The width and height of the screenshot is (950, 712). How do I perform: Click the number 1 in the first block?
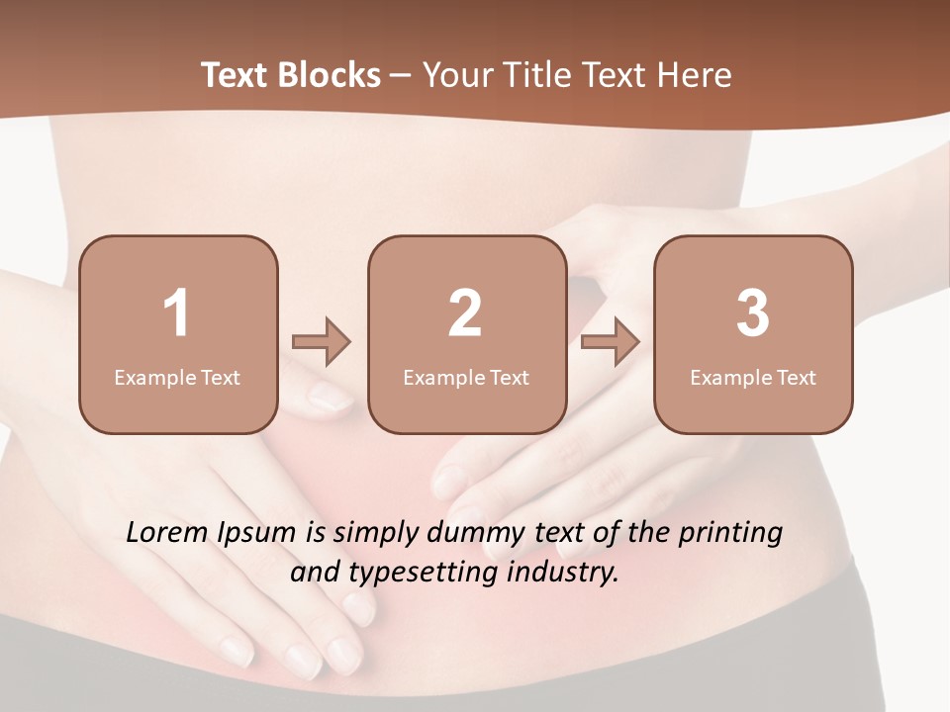pyautogui.click(x=176, y=313)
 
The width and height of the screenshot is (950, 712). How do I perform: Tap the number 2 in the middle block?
pyautogui.click(x=465, y=313)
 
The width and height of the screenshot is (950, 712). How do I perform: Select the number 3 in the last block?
pyautogui.click(x=753, y=313)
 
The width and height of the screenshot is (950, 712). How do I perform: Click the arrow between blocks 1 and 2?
pyautogui.click(x=322, y=342)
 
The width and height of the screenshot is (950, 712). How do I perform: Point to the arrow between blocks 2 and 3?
pyautogui.click(x=611, y=342)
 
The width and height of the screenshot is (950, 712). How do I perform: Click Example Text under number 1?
pyautogui.click(x=177, y=378)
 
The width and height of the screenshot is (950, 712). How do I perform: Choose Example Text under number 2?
pyautogui.click(x=466, y=378)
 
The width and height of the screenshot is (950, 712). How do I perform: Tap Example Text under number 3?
pyautogui.click(x=753, y=378)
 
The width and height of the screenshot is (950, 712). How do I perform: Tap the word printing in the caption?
pyautogui.click(x=730, y=534)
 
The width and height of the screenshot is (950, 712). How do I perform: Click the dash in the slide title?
pyautogui.click(x=401, y=76)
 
